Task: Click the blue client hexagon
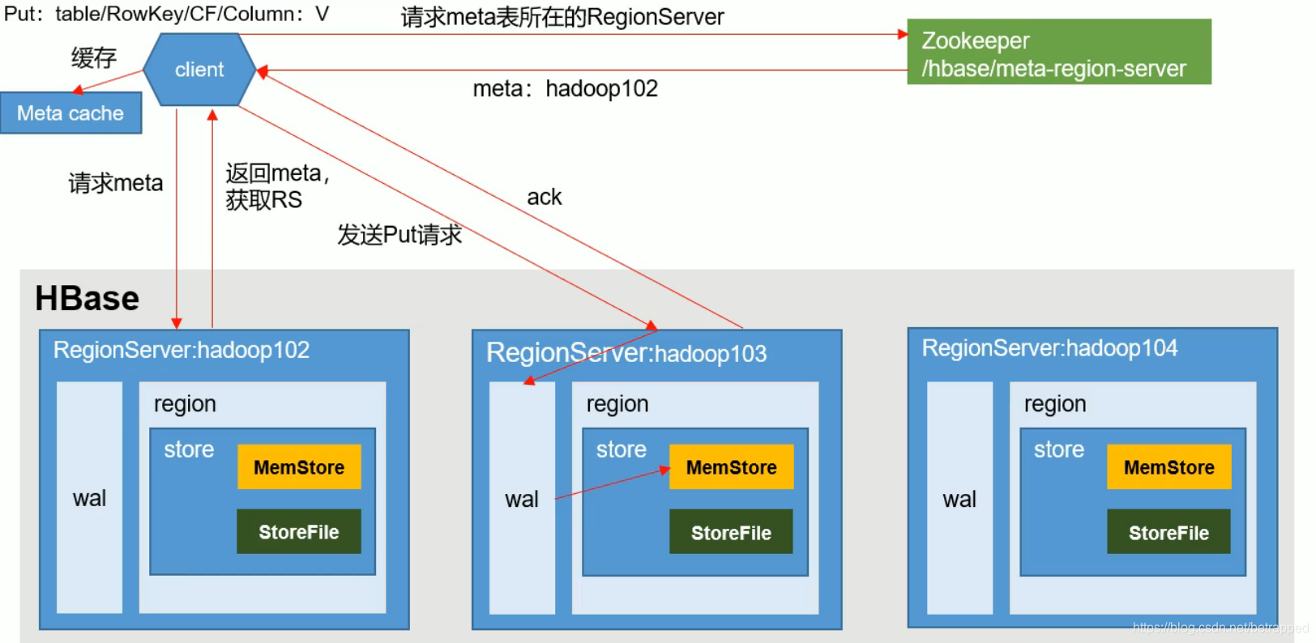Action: pos(199,70)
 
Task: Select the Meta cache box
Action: pos(70,113)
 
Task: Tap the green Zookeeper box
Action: pos(1058,53)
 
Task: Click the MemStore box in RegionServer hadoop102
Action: pos(299,467)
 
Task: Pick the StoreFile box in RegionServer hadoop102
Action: pos(299,532)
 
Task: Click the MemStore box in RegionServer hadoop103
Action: pos(731,467)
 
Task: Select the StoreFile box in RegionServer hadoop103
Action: pos(731,533)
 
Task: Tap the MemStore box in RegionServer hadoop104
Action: pos(1169,467)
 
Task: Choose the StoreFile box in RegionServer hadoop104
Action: pos(1169,533)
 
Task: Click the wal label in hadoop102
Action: pos(89,498)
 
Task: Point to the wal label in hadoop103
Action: pos(522,500)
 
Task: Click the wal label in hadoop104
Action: pos(959,500)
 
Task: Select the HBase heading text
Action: pos(87,299)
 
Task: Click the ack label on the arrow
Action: pos(544,198)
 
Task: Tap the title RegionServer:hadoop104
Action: pos(1049,348)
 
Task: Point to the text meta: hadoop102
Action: pos(565,88)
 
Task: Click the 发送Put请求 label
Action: pos(399,235)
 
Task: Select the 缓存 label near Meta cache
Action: pos(94,57)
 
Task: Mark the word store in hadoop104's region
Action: pos(1058,449)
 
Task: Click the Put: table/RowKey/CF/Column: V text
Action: pos(166,14)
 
